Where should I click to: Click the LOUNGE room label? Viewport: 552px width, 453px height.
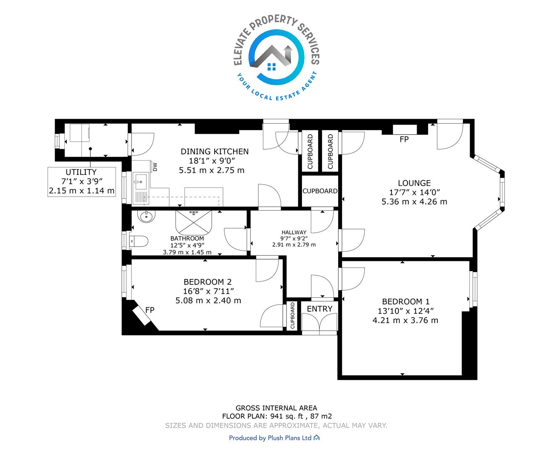414,183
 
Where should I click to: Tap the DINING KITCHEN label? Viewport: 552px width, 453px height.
215,151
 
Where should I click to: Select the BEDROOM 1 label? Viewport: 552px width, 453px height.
406,302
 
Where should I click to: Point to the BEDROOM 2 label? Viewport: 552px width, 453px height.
208,282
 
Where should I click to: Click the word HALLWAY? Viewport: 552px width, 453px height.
294,232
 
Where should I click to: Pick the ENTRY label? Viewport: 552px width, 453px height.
320,309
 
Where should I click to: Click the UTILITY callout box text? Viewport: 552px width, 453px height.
81,181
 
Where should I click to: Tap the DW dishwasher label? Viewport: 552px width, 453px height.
155,167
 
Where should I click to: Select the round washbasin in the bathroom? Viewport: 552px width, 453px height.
146,216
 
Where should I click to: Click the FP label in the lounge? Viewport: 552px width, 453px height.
404,139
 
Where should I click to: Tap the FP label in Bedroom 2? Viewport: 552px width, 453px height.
150,310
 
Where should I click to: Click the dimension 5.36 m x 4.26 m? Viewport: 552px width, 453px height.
414,202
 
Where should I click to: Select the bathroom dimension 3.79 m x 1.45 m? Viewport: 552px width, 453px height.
187,252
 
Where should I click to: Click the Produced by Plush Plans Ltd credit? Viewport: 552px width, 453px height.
274,438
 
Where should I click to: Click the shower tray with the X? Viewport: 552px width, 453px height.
193,222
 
